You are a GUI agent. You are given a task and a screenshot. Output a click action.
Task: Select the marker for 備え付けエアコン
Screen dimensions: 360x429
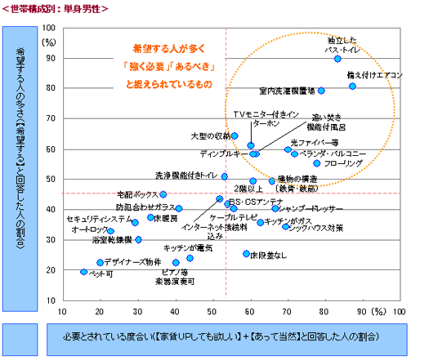(x=352, y=86)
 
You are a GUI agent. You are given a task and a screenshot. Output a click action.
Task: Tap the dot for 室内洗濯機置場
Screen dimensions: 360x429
(x=321, y=91)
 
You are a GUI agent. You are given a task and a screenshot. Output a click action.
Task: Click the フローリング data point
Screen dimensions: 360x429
(x=317, y=163)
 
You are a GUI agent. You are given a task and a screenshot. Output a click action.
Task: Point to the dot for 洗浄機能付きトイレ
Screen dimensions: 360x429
(x=225, y=176)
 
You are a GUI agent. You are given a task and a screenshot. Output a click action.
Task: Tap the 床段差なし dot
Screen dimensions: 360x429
(x=246, y=254)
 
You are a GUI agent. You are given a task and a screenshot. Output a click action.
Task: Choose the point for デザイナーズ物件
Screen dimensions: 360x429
(x=101, y=262)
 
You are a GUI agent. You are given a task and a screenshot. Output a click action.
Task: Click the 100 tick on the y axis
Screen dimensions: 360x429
(x=49, y=29)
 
